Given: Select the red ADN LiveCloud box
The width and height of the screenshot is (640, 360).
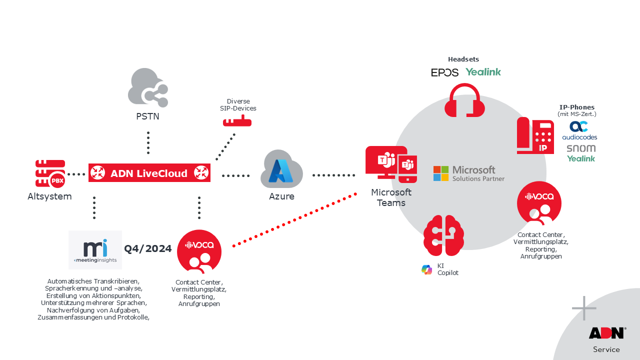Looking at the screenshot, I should pyautogui.click(x=149, y=173).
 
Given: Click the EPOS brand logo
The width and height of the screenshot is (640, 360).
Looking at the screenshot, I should pyautogui.click(x=444, y=72).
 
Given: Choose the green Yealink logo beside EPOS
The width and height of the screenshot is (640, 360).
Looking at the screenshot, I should pyautogui.click(x=483, y=72).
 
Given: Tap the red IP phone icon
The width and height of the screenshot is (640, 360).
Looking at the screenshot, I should pyautogui.click(x=535, y=135).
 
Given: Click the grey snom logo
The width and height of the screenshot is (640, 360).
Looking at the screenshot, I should pyautogui.click(x=581, y=148).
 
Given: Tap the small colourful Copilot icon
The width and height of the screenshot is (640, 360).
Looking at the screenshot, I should pyautogui.click(x=427, y=269).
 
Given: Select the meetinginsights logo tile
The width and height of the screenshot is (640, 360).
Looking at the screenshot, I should pyautogui.click(x=95, y=249).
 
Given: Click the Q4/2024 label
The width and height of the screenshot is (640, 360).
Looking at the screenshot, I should pyautogui.click(x=148, y=248).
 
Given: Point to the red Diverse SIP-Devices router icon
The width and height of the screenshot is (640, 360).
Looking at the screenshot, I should pyautogui.click(x=237, y=121).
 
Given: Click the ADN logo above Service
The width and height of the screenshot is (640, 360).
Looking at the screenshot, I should pyautogui.click(x=606, y=333).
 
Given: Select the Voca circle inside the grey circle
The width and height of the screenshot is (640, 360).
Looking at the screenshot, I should pyautogui.click(x=539, y=203).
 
